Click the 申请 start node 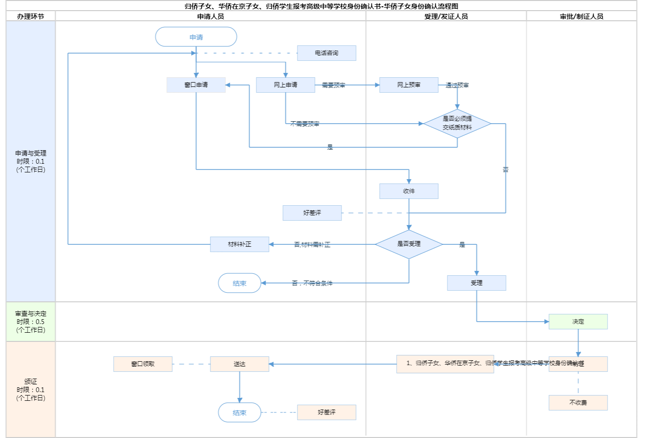click(x=196, y=37)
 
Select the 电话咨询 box click(x=326, y=53)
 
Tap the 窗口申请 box click(x=196, y=85)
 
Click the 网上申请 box click(x=285, y=85)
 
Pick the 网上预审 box click(x=409, y=85)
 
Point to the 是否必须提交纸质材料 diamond click(x=457, y=124)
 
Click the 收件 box click(x=409, y=191)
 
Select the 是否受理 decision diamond click(x=409, y=244)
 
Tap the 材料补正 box click(x=239, y=244)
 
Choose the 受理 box click(x=476, y=283)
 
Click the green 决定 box click(x=578, y=322)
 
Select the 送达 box click(x=239, y=364)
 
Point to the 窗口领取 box click(x=143, y=364)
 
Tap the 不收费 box click(x=578, y=403)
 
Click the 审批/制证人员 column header click(x=581, y=16)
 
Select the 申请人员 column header click(x=210, y=16)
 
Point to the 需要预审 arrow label click(x=333, y=85)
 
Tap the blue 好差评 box click(x=312, y=213)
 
